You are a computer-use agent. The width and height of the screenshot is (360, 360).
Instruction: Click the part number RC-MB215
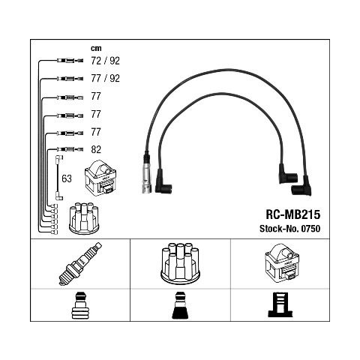pyautogui.click(x=292, y=214)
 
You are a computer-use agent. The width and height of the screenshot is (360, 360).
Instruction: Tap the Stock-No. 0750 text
pyautogui.click(x=289, y=229)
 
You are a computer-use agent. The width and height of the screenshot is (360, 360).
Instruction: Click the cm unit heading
pyautogui.click(x=96, y=48)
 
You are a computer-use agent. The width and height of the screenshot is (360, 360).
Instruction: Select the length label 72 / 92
pyautogui.click(x=105, y=61)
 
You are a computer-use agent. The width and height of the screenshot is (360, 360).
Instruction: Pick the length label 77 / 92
pyautogui.click(x=105, y=79)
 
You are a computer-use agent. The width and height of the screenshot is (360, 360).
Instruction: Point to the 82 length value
pyautogui.click(x=96, y=149)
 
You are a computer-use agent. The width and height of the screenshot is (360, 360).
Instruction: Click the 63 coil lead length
pyautogui.click(x=67, y=178)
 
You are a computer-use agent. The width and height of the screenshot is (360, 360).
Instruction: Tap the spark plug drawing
pyautogui.click(x=80, y=264)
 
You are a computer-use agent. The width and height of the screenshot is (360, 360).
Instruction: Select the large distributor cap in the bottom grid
pyautogui.click(x=180, y=263)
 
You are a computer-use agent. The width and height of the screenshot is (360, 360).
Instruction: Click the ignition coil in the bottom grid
pyautogui.click(x=282, y=263)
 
